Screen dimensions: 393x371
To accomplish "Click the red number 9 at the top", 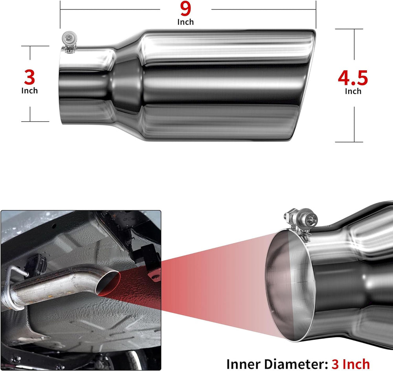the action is point(185,9).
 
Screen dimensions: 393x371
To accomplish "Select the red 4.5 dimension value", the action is point(353,78).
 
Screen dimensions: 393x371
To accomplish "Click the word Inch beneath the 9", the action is point(185,22).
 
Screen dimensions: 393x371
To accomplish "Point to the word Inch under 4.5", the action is point(353,91).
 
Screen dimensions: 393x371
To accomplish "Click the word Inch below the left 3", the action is point(29,90).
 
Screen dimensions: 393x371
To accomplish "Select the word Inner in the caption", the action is point(244,364).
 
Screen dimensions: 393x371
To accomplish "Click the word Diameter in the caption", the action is point(296,364).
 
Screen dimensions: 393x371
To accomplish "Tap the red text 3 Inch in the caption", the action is point(351,364).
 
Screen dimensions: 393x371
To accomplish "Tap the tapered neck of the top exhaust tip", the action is point(127,85).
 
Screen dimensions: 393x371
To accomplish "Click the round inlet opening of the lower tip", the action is point(290,286).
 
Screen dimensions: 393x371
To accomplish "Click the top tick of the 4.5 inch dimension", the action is point(349,29).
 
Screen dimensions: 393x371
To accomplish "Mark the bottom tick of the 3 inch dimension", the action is point(35,122).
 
